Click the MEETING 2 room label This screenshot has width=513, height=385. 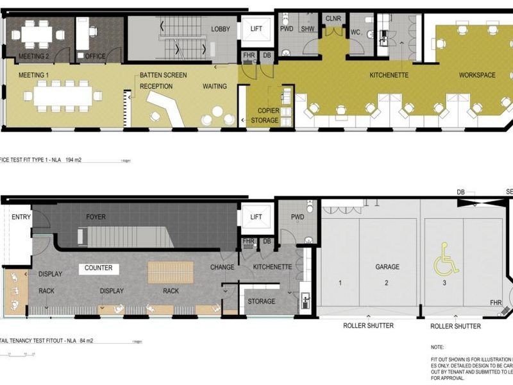(34, 56)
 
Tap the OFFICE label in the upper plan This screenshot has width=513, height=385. (95, 56)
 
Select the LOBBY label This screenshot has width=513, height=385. (221, 30)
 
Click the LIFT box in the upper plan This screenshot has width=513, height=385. (256, 29)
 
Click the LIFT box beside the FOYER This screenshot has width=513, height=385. (256, 218)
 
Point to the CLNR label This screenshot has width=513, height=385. (333, 19)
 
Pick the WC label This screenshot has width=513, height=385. (355, 32)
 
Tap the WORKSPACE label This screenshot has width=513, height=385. (476, 75)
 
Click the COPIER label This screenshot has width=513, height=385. (269, 110)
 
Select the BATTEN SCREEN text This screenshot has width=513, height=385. (164, 75)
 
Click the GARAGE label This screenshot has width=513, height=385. (387, 267)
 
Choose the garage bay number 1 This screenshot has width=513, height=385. (339, 282)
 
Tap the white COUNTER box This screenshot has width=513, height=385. (98, 268)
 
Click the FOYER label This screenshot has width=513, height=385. (96, 217)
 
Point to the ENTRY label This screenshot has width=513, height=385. (21, 218)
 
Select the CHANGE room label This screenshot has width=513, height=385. (223, 267)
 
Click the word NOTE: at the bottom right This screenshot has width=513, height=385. (437, 347)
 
